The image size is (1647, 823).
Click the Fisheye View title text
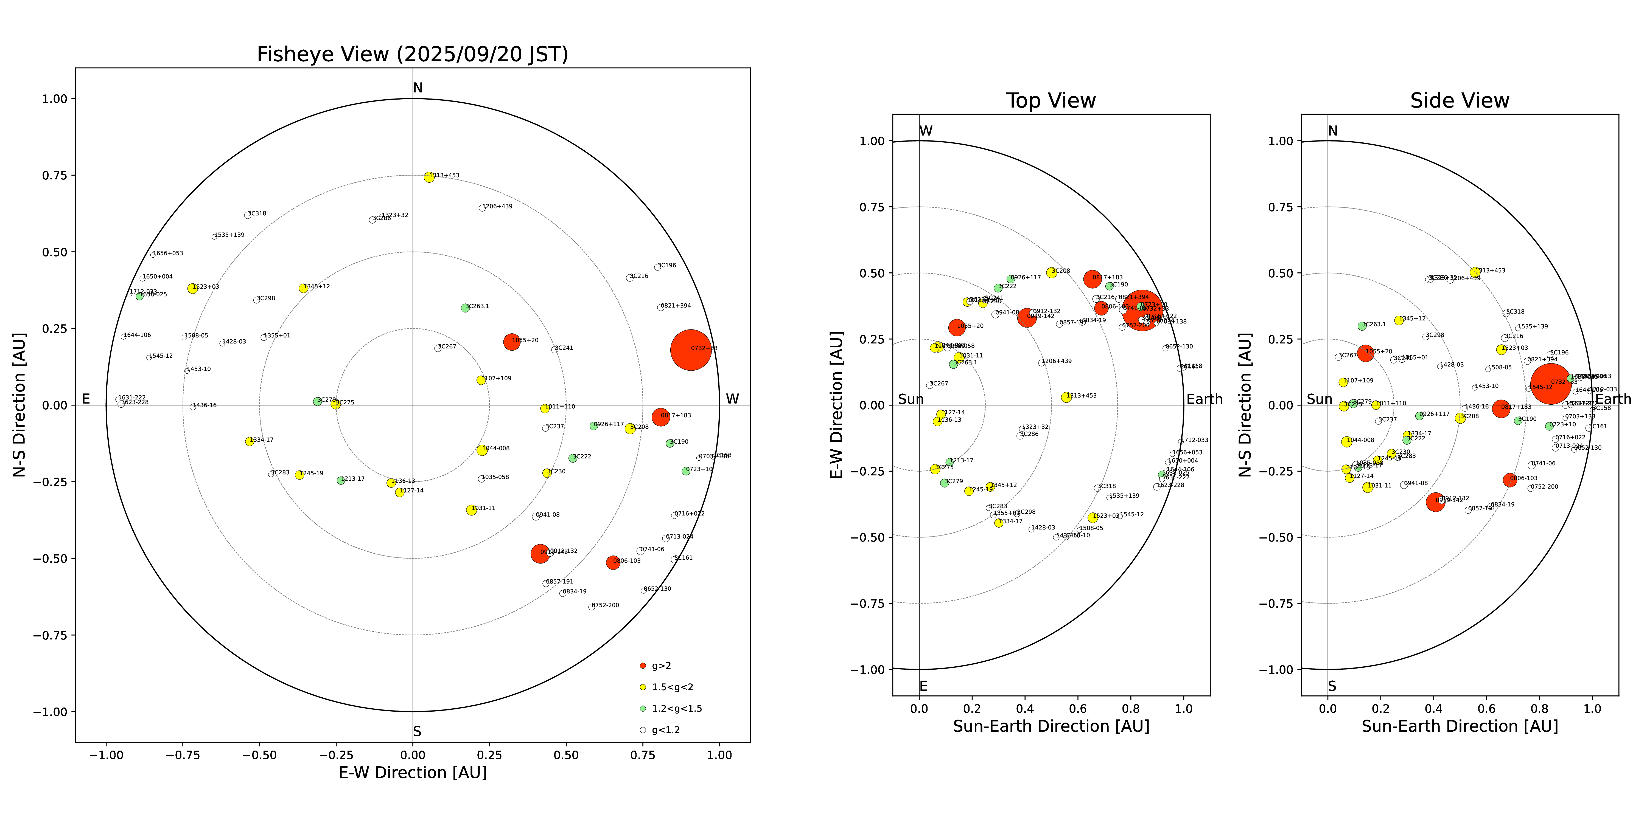[412, 54]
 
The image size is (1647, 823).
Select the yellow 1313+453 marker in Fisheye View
[429, 177]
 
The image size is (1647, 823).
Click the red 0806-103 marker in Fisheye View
[612, 562]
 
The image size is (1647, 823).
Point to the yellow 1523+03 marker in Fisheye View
[192, 288]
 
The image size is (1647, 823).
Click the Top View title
[1051, 101]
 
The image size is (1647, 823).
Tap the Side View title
[1460, 101]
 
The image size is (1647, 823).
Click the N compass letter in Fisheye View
[418, 88]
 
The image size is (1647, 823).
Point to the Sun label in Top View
[911, 399]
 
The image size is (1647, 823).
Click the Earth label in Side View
[1613, 399]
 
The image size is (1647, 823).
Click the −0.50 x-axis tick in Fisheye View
[259, 755]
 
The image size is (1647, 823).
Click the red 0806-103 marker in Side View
[1509, 480]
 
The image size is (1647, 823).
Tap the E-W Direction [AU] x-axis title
[412, 773]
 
